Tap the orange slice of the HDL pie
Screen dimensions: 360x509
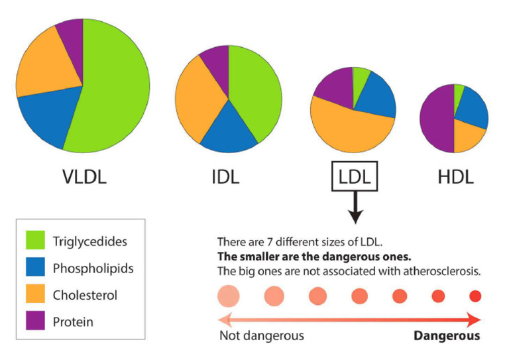(468, 136)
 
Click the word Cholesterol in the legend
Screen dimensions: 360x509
(84, 295)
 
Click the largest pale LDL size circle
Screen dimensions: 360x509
(228, 296)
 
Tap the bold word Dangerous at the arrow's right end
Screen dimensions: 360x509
(447, 335)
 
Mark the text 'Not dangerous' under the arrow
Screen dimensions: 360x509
(262, 335)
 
